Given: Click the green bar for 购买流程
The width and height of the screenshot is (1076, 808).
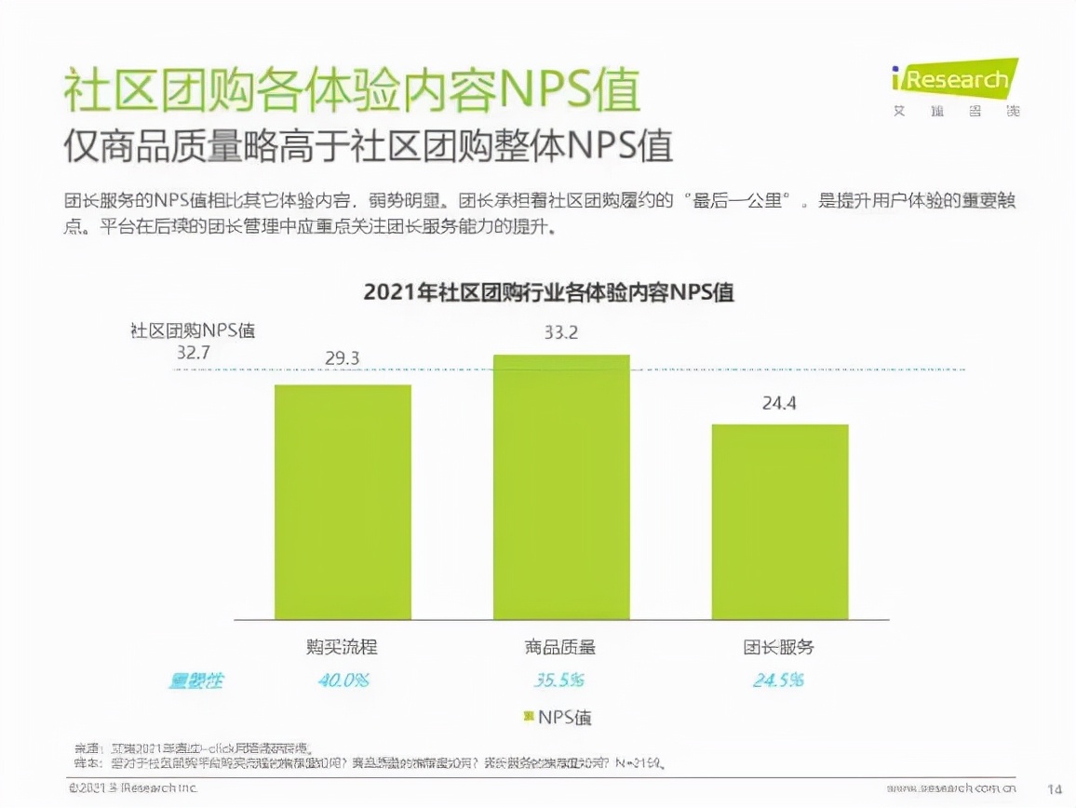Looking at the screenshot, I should point(343,502).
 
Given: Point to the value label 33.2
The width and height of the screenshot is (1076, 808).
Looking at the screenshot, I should point(561,331).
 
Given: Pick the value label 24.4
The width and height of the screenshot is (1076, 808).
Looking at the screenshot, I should point(780,403).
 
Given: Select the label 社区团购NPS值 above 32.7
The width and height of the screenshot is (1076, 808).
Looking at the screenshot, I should point(193,330).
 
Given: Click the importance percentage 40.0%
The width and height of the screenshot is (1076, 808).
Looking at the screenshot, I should point(343,680).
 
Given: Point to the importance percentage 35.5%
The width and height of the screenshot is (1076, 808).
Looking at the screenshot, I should point(559,680).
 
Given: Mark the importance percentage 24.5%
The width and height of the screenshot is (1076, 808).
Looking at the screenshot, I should point(778,680).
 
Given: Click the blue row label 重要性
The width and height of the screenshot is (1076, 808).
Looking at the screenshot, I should point(195,680).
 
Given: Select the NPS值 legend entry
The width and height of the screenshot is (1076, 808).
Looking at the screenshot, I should point(557,717).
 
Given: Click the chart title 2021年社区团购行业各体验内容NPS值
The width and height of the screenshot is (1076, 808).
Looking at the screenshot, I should point(548,292).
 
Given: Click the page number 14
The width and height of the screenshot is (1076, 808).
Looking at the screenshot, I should point(1055,788).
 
